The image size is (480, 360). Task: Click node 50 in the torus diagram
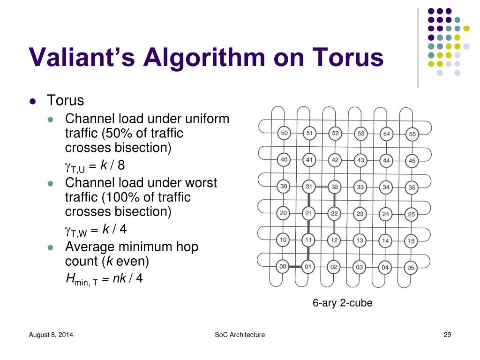(284, 133)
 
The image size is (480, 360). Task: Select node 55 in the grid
(412, 134)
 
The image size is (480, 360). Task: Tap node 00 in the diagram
(282, 267)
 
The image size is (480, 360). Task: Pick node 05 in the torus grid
(411, 268)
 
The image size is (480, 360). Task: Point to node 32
(334, 187)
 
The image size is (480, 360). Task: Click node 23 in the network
(360, 214)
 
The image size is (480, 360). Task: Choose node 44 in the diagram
(386, 160)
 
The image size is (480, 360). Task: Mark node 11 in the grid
(308, 240)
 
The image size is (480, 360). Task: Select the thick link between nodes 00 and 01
(295, 267)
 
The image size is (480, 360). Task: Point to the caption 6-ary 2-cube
(343, 303)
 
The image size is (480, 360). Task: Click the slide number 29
(447, 335)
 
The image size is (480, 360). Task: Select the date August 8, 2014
(51, 335)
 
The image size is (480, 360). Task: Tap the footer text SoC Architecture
(240, 335)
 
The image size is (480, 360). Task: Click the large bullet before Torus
(32, 101)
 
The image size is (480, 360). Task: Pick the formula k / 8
(113, 165)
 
